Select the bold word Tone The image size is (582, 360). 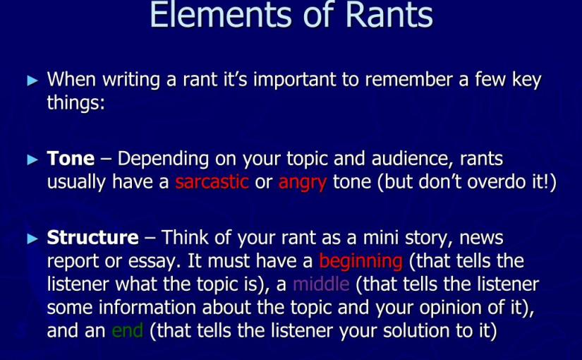(71, 159)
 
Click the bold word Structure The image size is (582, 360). (92, 238)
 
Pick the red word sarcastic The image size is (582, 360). (212, 182)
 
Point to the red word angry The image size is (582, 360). (303, 182)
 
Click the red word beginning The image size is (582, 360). (360, 261)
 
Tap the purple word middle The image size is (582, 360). (321, 284)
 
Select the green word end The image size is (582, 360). (127, 330)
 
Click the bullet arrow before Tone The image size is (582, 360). (32, 160)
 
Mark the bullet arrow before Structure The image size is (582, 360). (32, 239)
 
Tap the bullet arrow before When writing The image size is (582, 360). (32, 80)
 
